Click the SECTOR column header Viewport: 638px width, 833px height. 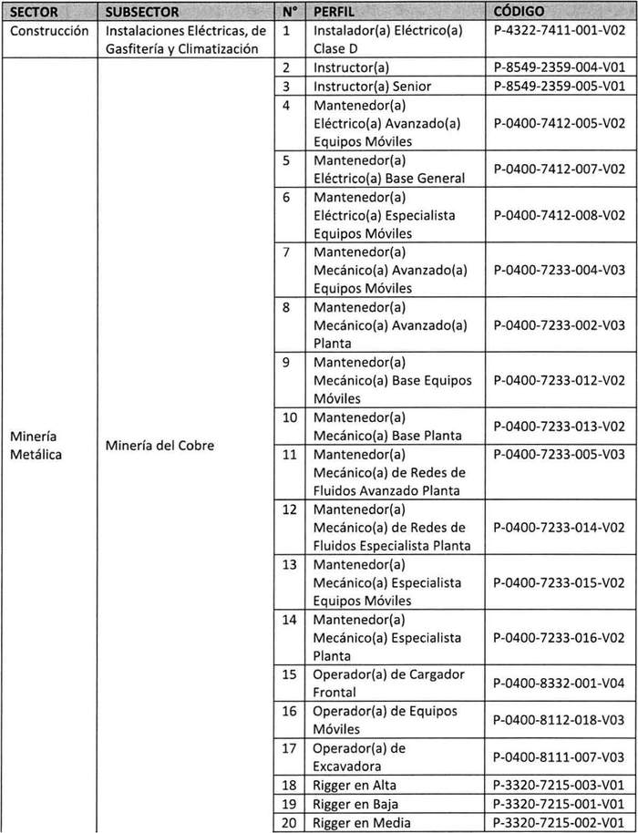[x=34, y=13]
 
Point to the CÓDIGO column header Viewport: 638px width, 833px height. [x=519, y=13]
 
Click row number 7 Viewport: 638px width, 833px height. [x=286, y=252]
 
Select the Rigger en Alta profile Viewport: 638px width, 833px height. [x=355, y=785]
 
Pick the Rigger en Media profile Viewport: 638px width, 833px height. [x=360, y=823]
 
